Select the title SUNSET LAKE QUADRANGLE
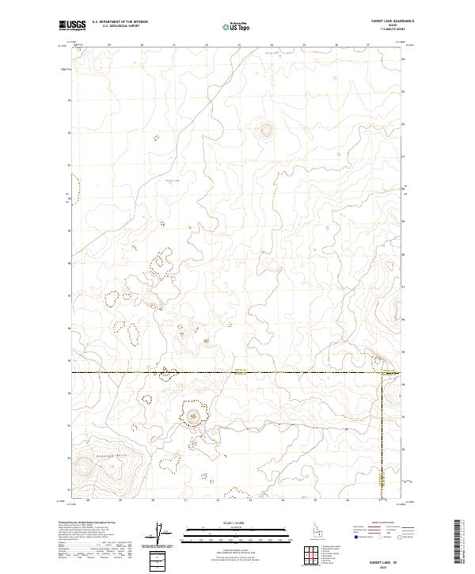click(x=391, y=21)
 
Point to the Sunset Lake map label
click(x=173, y=181)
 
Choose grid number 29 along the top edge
click(x=109, y=45)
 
